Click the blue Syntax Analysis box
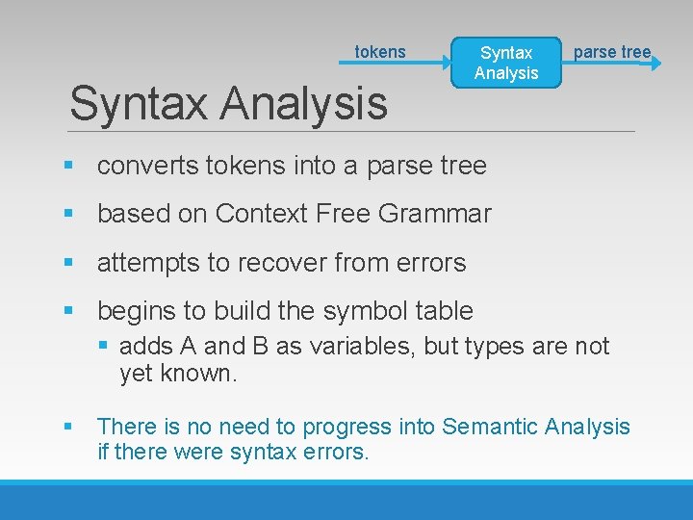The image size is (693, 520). pos(506,63)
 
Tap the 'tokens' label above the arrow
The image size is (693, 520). pos(380,52)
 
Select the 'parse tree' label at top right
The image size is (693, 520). pos(612,52)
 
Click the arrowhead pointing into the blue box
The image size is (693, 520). pos(446,64)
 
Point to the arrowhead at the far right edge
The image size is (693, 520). pos(655,64)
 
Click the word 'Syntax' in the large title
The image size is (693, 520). pos(130,104)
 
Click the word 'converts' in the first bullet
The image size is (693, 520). pos(147,166)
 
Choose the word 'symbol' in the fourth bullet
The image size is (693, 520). pos(358,311)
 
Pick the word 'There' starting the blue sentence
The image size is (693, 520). pos(123,426)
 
